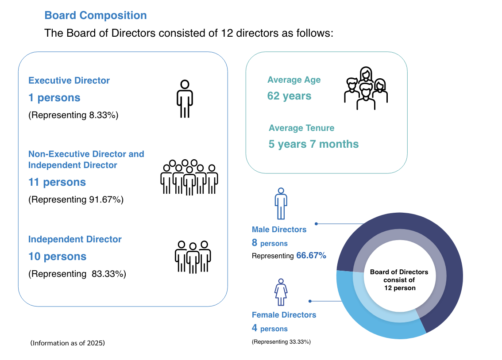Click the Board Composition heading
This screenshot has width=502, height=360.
96,15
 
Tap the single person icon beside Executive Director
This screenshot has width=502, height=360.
185,99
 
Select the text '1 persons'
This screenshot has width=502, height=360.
54,97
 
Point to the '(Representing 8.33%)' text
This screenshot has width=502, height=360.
73,115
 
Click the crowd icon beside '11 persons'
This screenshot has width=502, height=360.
189,177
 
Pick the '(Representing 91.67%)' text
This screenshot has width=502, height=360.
76,199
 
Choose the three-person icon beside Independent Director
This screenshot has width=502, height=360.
193,257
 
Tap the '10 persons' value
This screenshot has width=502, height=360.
57,257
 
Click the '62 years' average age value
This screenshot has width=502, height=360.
289,96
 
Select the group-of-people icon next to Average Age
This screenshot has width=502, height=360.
366,88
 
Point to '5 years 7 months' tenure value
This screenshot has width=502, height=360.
313,144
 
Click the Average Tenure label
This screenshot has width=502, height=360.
301,128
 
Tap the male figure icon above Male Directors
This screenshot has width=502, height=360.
281,203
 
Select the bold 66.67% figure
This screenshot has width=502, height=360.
311,256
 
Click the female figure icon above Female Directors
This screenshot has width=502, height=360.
281,292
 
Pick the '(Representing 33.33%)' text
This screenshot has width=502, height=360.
281,342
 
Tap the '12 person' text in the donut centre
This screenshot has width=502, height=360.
400,288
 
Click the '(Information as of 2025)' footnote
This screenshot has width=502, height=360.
68,343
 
